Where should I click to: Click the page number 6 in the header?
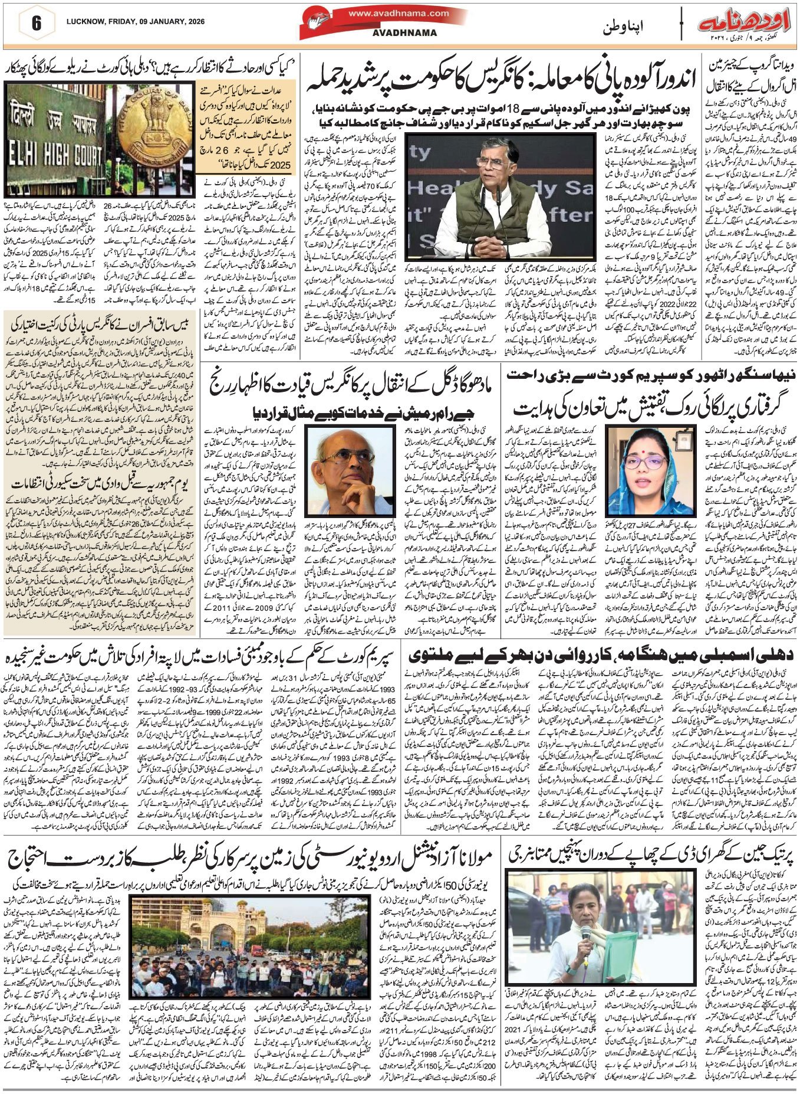point(36,24)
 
